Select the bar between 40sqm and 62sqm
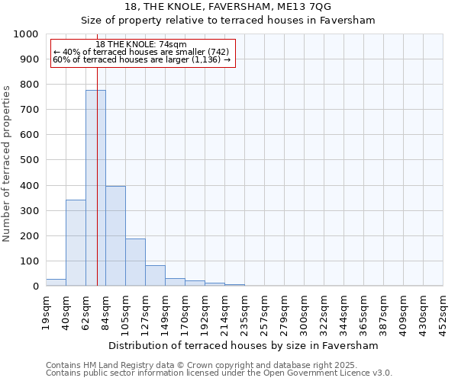click(x=76, y=243)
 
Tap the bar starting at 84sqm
click(x=115, y=236)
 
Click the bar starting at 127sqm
click(x=155, y=276)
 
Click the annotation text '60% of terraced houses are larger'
click(x=141, y=60)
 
